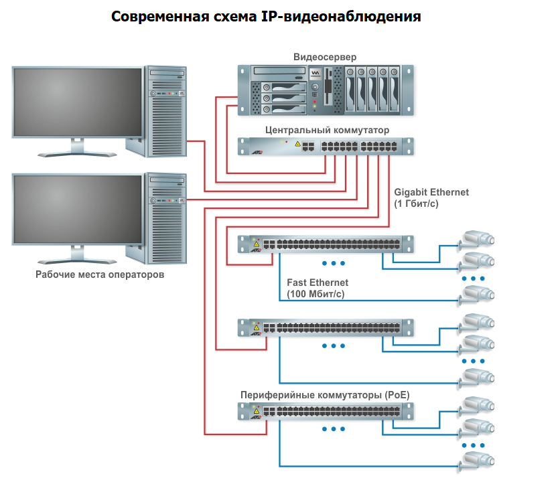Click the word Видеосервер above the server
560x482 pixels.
point(325,56)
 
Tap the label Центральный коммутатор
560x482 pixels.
point(327,130)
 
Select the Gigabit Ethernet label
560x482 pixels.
point(431,193)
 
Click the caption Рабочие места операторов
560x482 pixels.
point(100,274)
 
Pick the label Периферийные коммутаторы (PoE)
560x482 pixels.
point(325,396)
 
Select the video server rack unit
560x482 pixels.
point(326,89)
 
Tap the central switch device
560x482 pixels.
point(327,146)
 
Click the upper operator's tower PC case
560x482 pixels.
point(166,111)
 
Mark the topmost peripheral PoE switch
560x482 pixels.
point(327,244)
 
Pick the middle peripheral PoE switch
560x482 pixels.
point(327,327)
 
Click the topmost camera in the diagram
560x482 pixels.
point(478,239)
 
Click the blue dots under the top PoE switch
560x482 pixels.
point(333,263)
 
